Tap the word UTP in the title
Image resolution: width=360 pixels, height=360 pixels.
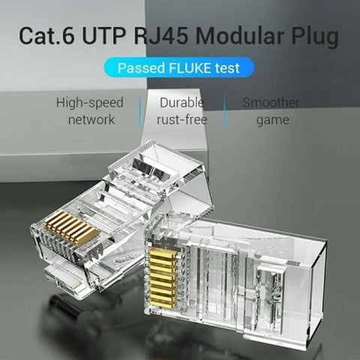tap(115, 34)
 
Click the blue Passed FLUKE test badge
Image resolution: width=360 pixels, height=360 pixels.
tap(180, 68)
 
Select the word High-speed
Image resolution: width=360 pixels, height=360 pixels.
tap(90, 103)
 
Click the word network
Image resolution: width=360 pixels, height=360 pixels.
tap(91, 119)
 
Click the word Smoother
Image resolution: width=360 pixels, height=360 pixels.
tap(270, 103)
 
